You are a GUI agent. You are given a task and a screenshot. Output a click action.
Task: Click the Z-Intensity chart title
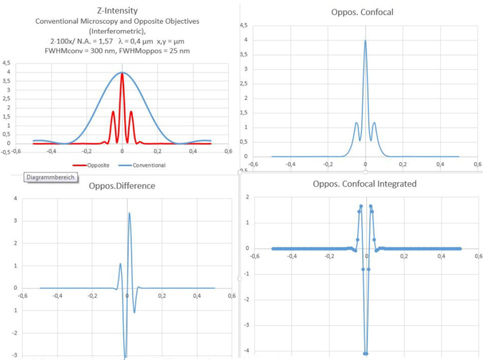[x=122, y=11]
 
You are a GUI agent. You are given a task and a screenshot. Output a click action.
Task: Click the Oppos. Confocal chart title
[x=362, y=12]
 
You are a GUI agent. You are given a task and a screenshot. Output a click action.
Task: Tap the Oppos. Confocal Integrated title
[x=364, y=183]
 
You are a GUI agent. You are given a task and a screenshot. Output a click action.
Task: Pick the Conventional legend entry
[x=144, y=165]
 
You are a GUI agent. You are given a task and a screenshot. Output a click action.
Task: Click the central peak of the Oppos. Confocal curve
[x=365, y=40]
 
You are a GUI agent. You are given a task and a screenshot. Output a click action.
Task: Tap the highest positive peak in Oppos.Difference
[x=129, y=213]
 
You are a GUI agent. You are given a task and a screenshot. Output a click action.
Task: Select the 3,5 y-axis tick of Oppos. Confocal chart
[x=243, y=55]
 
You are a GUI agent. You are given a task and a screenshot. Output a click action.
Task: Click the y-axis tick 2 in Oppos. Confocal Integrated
[x=247, y=197]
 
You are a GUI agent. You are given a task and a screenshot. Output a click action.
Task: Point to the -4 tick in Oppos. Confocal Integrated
[x=246, y=351]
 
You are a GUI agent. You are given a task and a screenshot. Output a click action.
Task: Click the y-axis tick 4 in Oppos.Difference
[x=15, y=199]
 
